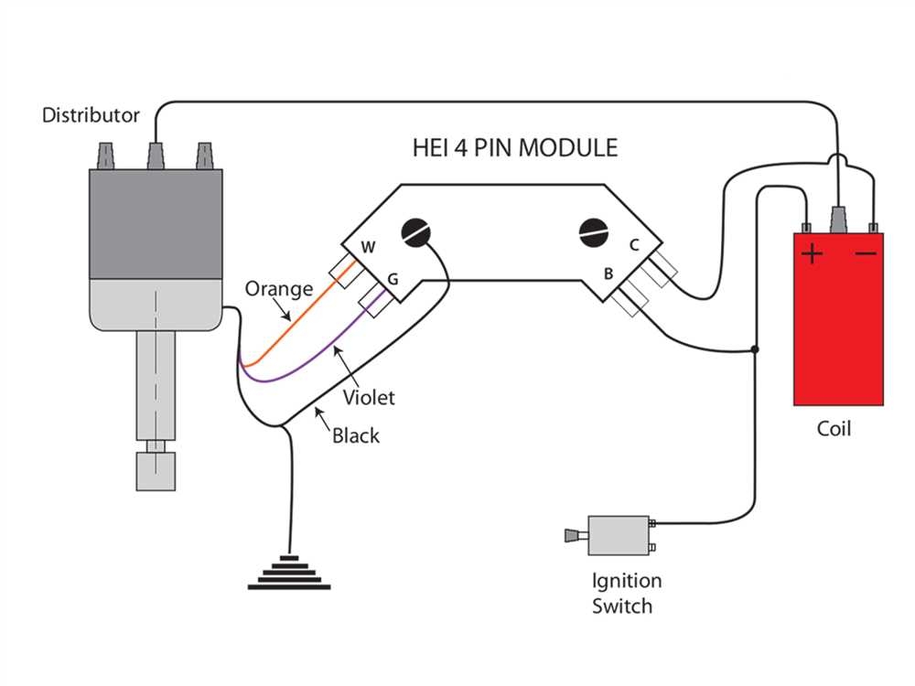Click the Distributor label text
[91, 115]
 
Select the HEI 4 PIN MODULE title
[513, 147]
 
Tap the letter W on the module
[368, 247]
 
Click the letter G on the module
[393, 277]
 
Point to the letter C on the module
[632, 245]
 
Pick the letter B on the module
[607, 273]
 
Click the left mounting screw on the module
[415, 232]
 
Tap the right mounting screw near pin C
[594, 232]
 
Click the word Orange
[278, 289]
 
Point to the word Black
[355, 436]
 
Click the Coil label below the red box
[834, 428]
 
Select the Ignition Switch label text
[626, 593]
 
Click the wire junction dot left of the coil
[755, 349]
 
